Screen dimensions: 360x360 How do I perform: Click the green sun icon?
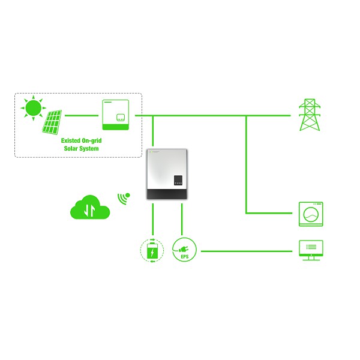tap(34, 108)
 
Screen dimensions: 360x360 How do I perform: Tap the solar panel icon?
tap(52, 122)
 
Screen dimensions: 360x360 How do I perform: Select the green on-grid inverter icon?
tap(115, 115)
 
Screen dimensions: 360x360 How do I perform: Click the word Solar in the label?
tap(70, 148)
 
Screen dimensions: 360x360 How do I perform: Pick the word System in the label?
tap(89, 149)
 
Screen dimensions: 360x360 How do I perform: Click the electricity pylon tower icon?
tap(310, 115)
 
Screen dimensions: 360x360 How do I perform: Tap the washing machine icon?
tap(311, 214)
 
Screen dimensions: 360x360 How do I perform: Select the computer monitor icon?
tap(311, 250)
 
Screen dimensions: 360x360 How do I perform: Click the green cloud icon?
tap(90, 207)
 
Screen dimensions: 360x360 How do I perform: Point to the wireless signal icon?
tap(124, 199)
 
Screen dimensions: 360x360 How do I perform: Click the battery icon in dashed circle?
tap(152, 250)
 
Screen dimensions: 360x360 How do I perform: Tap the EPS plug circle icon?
tap(184, 250)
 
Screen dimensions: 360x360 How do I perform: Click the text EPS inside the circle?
tap(185, 257)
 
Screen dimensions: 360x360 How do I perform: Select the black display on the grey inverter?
tap(178, 180)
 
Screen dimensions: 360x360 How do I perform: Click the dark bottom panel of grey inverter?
tap(167, 194)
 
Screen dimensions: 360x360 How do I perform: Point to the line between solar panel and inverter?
tap(82, 115)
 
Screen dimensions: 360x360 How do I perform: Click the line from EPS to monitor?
tap(247, 251)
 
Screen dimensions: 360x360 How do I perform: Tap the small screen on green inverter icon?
tap(121, 118)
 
